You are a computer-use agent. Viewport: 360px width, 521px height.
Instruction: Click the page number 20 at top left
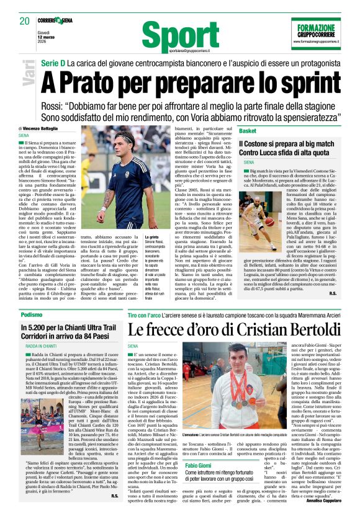(x=25, y=21)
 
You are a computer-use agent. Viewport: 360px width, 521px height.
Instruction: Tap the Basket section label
(x=248, y=131)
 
